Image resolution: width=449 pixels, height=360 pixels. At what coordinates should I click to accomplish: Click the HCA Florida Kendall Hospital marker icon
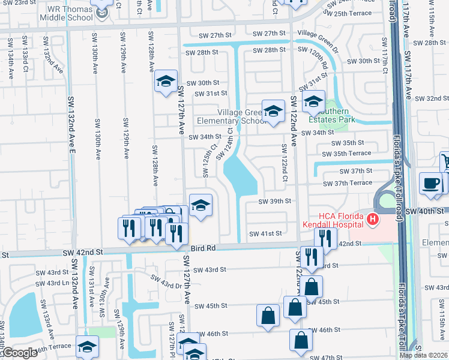pyautogui.click(x=373, y=220)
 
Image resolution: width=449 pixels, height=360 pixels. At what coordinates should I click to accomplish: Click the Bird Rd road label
pyautogui.click(x=203, y=248)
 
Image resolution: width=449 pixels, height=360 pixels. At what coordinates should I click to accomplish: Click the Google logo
pyautogui.click(x=19, y=353)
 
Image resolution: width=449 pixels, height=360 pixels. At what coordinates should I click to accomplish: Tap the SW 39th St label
pyautogui.click(x=274, y=202)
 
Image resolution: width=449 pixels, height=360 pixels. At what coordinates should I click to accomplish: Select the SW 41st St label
pyautogui.click(x=265, y=233)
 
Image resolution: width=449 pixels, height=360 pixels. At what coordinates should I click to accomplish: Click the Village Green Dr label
pyautogui.click(x=318, y=34)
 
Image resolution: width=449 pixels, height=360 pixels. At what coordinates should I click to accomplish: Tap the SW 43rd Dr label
pyautogui.click(x=166, y=281)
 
